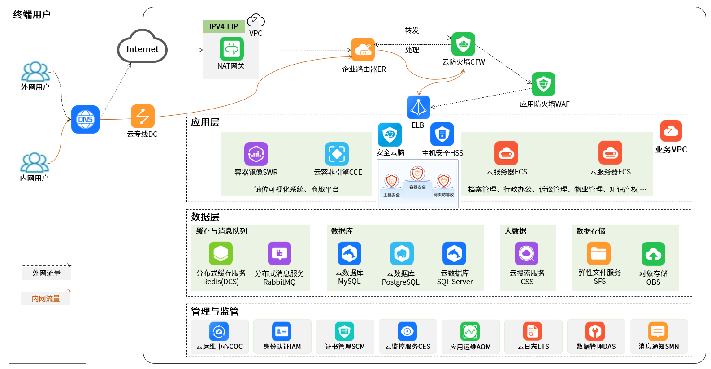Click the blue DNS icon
point(85,119)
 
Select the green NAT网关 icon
point(231,49)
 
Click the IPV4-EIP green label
point(223,26)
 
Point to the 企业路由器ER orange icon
point(363,50)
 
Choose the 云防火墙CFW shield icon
point(463,44)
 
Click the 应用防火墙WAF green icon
point(543,84)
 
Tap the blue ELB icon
point(418,108)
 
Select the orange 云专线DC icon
point(143,116)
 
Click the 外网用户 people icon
point(35,72)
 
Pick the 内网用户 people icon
point(35,163)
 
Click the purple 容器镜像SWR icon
point(256,154)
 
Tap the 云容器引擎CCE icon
point(337,154)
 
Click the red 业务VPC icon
point(671,131)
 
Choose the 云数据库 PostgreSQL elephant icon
point(401,254)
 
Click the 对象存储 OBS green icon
point(653,254)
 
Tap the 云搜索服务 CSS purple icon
point(526,254)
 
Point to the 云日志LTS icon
point(533,332)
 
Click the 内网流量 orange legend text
point(46,299)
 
